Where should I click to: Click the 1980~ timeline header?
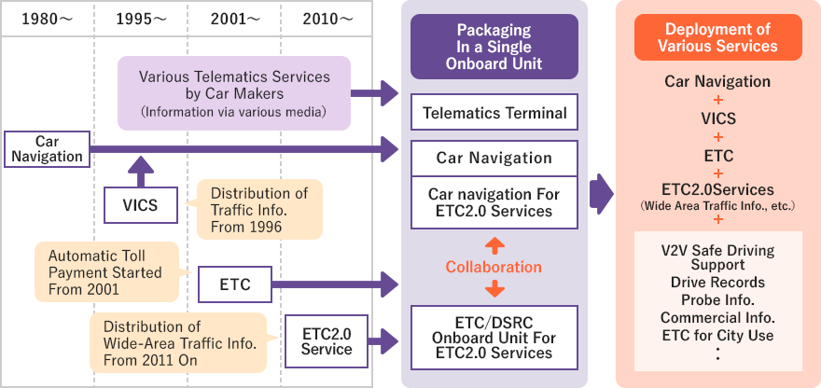(47, 19)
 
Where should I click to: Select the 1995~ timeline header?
(140, 19)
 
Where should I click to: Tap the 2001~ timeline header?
(233, 19)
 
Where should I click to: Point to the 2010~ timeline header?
(327, 19)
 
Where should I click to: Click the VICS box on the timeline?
(140, 205)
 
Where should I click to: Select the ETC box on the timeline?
(234, 284)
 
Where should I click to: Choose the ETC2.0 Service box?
(327, 340)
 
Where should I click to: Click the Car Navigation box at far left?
(47, 148)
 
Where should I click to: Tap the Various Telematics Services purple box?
(233, 93)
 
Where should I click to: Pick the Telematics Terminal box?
(494, 114)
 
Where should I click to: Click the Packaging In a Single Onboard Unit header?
(494, 46)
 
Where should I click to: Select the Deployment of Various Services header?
(717, 37)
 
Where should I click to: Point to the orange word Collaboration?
(494, 267)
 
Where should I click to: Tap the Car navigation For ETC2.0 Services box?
(494, 203)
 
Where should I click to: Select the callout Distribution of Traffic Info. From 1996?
(258, 209)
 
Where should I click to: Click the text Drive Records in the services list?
(717, 283)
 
